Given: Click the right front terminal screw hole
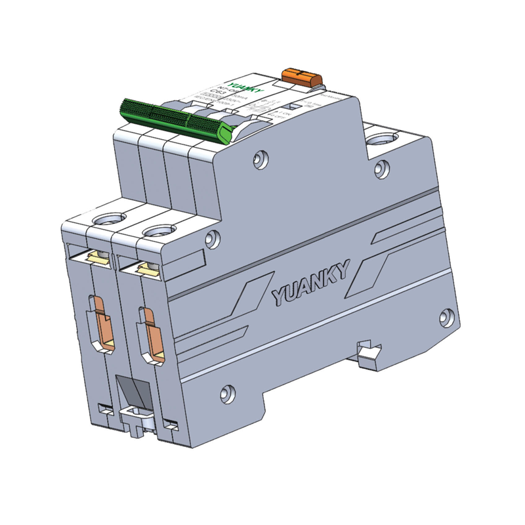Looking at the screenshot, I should pos(156,230).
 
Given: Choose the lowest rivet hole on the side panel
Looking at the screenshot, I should pos(226,394).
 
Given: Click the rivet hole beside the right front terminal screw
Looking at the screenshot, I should pos(211,239).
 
